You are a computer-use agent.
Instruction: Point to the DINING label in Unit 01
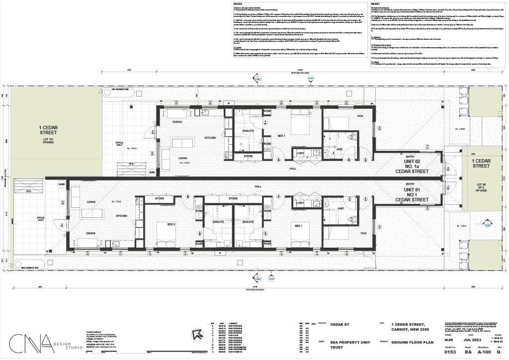(90, 233)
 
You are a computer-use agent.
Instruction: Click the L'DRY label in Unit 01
(300, 203)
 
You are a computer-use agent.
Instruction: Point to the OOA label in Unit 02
(359, 116)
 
